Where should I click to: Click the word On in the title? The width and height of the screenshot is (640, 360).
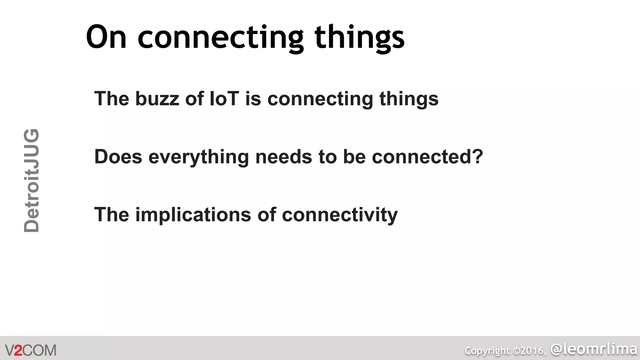pos(106,37)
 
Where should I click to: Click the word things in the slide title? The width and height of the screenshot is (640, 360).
pos(359,38)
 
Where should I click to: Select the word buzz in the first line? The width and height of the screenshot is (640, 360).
pos(157,99)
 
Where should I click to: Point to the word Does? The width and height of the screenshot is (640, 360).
pos(118,157)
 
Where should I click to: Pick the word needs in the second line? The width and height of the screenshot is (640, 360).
pos(283,157)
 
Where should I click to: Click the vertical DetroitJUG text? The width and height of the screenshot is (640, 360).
pos(32,181)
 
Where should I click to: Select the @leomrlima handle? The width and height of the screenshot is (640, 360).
pos(594,349)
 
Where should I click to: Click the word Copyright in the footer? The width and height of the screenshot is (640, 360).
pos(487,351)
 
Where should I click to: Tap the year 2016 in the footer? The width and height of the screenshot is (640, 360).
pos(532,351)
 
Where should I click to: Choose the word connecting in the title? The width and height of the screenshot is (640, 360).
pos(220,38)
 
